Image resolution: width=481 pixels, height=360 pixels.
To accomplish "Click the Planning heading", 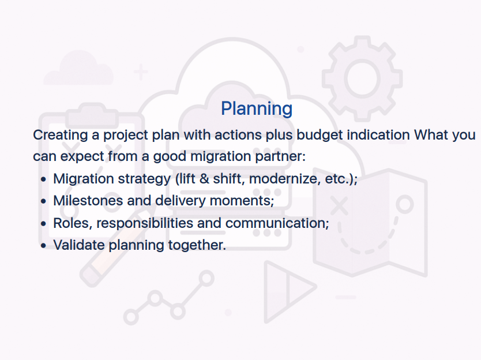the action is (x=257, y=109).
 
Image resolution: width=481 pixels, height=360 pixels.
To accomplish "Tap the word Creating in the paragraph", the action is (x=61, y=136).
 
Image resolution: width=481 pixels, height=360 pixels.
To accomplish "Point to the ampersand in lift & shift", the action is (x=204, y=179).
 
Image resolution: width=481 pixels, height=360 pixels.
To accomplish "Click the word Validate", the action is (x=79, y=245).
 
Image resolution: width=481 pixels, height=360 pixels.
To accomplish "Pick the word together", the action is (x=197, y=245).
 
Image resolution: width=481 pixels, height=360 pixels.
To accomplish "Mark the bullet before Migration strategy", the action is (x=43, y=179).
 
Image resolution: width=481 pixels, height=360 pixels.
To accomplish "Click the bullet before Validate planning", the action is (x=43, y=246).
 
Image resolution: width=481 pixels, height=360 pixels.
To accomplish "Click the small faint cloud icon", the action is (x=78, y=69).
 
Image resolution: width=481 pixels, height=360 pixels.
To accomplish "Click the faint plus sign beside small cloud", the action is (x=141, y=72).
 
